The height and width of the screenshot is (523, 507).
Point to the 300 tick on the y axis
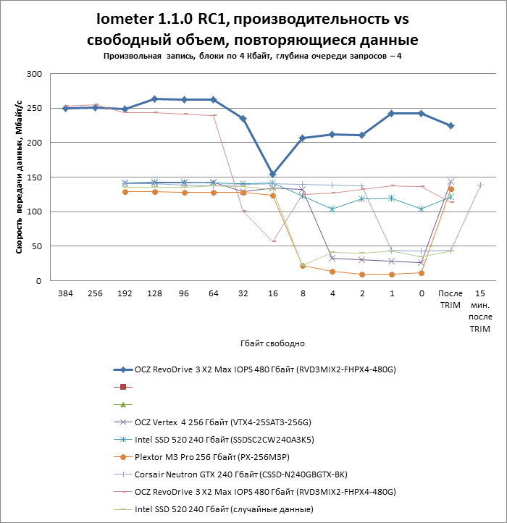[x=34, y=74]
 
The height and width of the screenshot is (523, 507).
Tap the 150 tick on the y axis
[x=34, y=177]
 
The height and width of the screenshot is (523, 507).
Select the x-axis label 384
[x=65, y=293]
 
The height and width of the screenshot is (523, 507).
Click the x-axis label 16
[x=273, y=293]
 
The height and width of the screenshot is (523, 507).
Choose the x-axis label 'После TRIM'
[x=451, y=299]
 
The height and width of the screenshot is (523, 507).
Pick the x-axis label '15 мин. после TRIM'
[x=480, y=311]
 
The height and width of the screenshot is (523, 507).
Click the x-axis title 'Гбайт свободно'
[x=272, y=343]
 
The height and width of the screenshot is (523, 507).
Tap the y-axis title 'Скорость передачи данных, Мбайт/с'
[x=19, y=177]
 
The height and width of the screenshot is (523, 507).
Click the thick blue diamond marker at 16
[x=272, y=175]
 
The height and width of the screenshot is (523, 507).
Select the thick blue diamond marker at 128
[x=154, y=99]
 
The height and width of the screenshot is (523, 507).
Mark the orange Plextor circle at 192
[x=125, y=192]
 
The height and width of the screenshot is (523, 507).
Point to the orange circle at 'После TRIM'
[x=451, y=189]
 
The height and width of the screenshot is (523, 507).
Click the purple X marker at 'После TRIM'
[x=451, y=182]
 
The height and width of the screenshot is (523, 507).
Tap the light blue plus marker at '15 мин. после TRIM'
[x=480, y=185]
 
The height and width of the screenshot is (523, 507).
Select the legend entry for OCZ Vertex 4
[x=212, y=422]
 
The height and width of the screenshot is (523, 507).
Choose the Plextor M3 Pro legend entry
[x=201, y=457]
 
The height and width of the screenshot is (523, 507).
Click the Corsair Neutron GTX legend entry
[x=230, y=474]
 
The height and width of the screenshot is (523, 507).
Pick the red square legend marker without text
[x=123, y=387]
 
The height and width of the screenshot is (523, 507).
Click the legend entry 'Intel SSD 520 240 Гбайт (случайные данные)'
[x=214, y=509]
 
